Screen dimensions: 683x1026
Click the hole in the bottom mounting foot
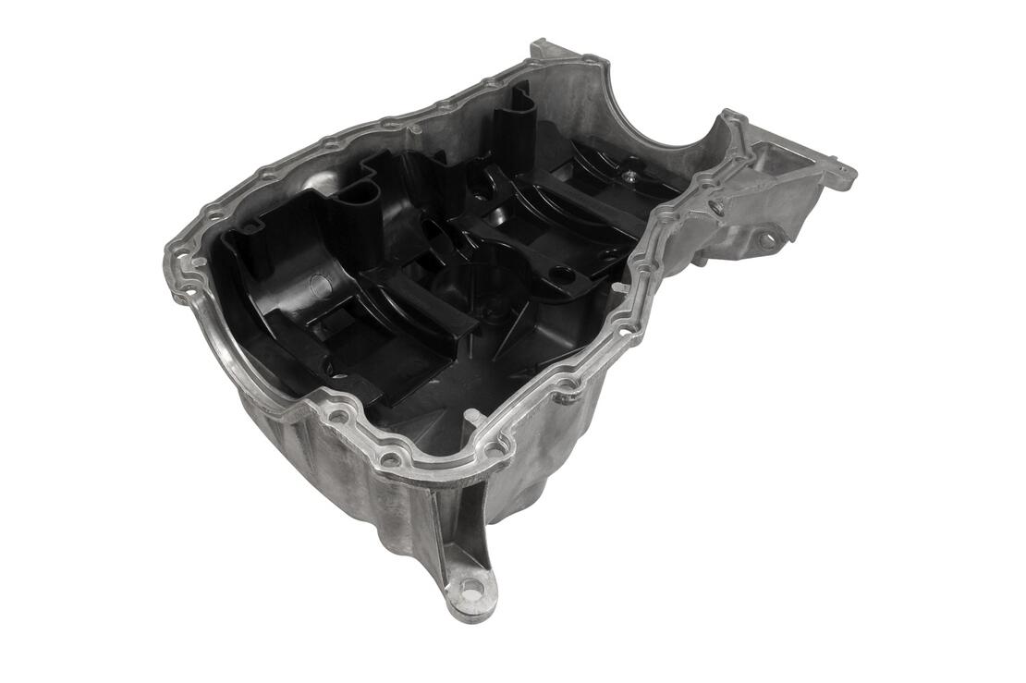click(471, 586)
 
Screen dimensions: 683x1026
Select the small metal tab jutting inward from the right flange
click(617, 288)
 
